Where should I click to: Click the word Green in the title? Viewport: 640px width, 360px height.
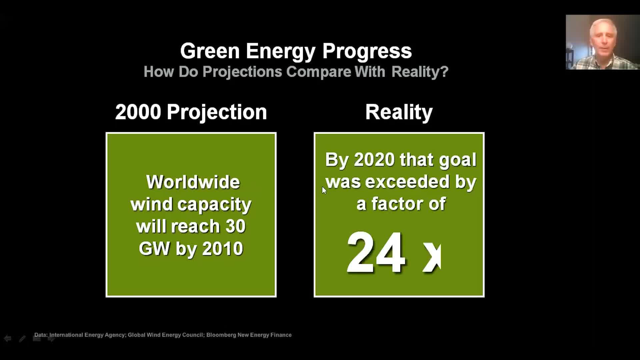pyautogui.click(x=210, y=51)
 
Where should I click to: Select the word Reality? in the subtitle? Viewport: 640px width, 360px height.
pyautogui.click(x=420, y=72)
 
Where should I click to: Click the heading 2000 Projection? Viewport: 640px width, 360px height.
pyautogui.click(x=191, y=112)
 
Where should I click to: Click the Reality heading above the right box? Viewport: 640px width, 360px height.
pyautogui.click(x=399, y=112)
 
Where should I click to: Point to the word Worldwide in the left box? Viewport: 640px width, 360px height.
pyautogui.click(x=193, y=182)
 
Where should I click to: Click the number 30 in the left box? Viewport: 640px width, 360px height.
pyautogui.click(x=235, y=227)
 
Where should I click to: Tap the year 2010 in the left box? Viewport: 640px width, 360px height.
pyautogui.click(x=223, y=249)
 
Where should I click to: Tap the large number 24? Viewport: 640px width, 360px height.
pyautogui.click(x=376, y=252)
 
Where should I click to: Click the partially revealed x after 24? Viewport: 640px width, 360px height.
pyautogui.click(x=432, y=257)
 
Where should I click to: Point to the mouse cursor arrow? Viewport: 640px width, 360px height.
pyautogui.click(x=324, y=190)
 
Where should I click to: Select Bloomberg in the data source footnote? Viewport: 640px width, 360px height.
pyautogui.click(x=221, y=335)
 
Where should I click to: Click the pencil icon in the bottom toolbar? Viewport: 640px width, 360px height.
pyautogui.click(x=22, y=339)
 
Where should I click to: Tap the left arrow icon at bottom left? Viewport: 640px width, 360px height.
pyautogui.click(x=8, y=339)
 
